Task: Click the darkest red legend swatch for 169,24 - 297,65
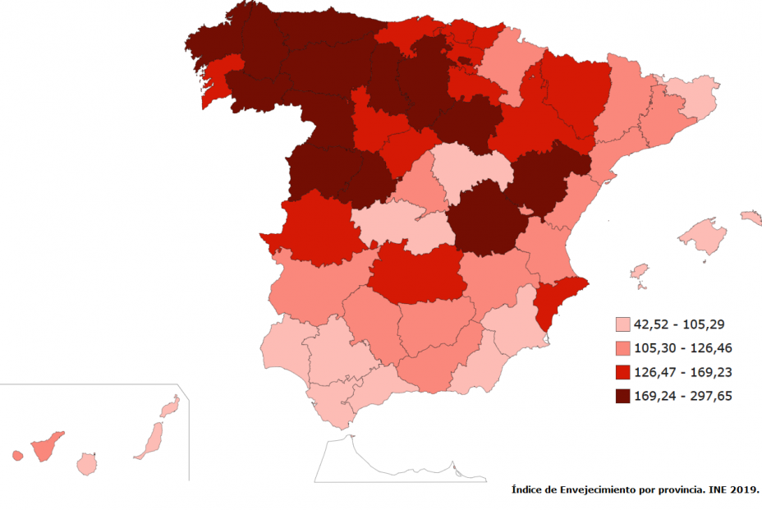click(x=622, y=396)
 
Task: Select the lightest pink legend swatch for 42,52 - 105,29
click(x=622, y=323)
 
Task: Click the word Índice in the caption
click(x=529, y=490)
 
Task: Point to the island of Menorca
click(x=751, y=218)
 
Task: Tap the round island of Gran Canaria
click(x=86, y=465)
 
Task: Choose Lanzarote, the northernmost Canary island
click(x=170, y=406)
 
